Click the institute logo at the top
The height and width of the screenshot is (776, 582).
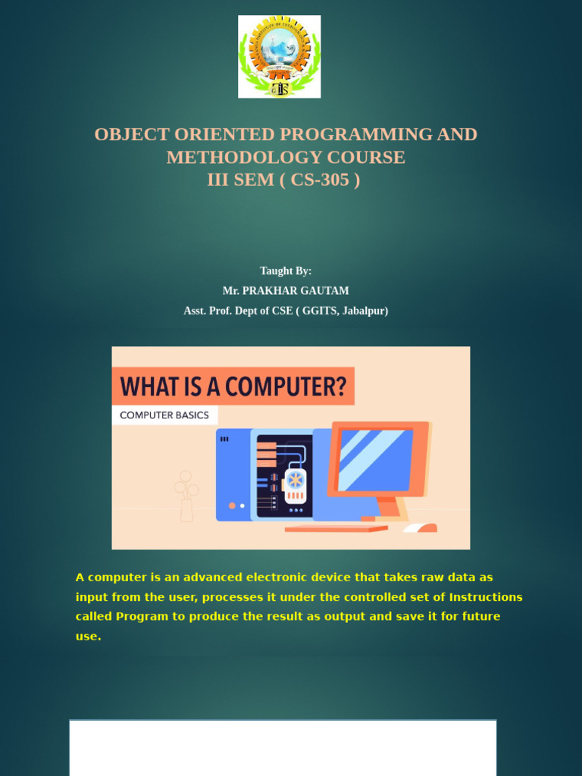[279, 56]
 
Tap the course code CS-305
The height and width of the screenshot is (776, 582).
[320, 180]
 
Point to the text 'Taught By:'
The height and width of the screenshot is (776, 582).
[286, 271]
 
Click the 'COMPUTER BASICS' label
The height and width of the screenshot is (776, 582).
[164, 415]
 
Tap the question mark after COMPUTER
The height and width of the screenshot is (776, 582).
[340, 386]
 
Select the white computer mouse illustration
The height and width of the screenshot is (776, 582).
[420, 527]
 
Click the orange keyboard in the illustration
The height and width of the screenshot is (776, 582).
[336, 529]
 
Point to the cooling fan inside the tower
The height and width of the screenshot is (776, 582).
[295, 480]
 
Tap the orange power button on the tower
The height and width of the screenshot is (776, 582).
[232, 505]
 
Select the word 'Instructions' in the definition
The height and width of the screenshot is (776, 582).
[486, 597]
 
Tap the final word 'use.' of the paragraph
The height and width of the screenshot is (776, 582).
[88, 637]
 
